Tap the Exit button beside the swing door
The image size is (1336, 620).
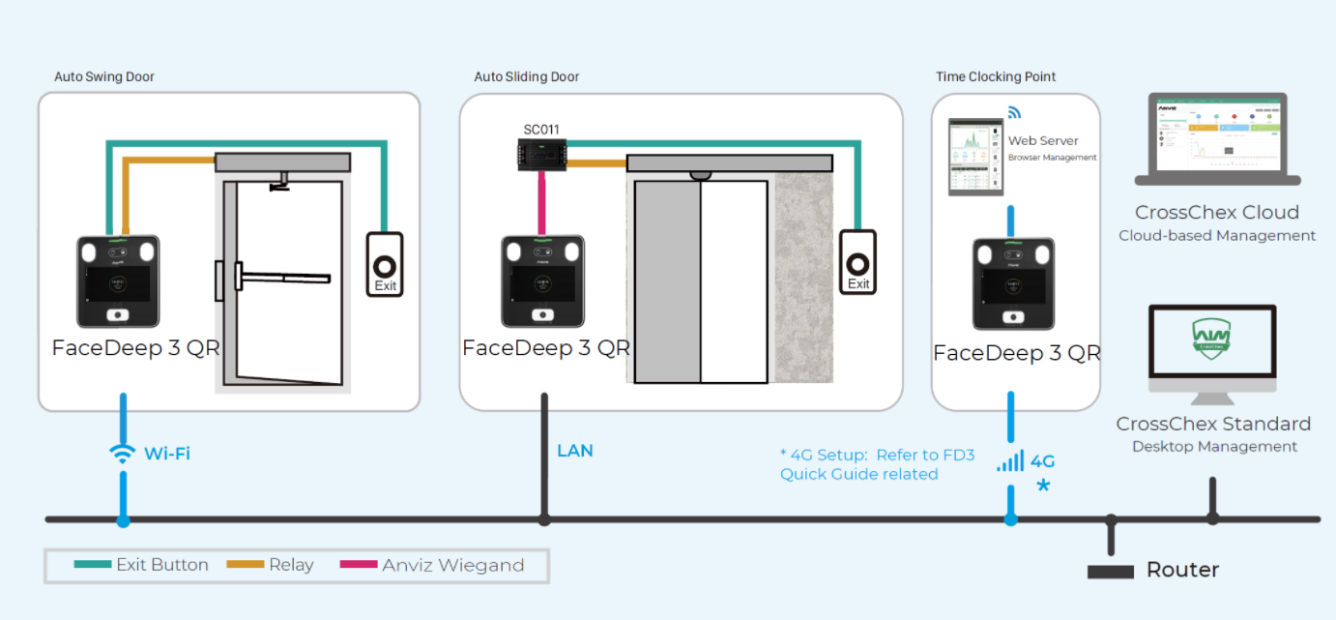tap(385, 264)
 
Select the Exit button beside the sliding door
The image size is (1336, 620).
tap(857, 261)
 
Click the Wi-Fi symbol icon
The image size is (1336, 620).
tap(123, 454)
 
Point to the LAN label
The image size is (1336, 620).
tap(575, 451)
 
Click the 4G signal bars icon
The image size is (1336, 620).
tap(1011, 460)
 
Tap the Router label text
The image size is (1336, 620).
tap(1182, 570)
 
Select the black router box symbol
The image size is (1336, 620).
tap(1110, 572)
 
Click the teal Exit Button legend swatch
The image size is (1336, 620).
tap(93, 565)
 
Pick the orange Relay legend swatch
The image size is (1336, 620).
tap(245, 565)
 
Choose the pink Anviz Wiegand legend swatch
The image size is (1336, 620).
tap(359, 565)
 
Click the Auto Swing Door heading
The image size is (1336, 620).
tap(104, 76)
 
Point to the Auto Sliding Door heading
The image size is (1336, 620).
tap(527, 76)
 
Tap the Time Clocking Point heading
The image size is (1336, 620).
tap(996, 76)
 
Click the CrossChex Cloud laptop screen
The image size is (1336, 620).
tap(1217, 134)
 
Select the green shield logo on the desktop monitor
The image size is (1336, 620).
tap(1212, 335)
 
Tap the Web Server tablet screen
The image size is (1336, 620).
tap(976, 156)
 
